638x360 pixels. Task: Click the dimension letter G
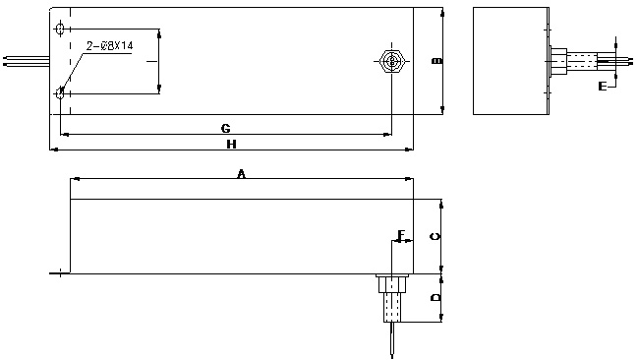(x=225, y=128)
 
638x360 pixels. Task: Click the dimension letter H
(x=231, y=145)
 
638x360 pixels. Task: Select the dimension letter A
(x=241, y=174)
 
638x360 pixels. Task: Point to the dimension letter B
(x=437, y=61)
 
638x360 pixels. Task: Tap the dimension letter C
(x=435, y=236)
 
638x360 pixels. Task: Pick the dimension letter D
(x=435, y=298)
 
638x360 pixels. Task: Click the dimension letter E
(x=603, y=86)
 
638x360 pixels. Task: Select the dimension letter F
(x=402, y=235)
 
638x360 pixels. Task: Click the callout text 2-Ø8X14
(x=109, y=45)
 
